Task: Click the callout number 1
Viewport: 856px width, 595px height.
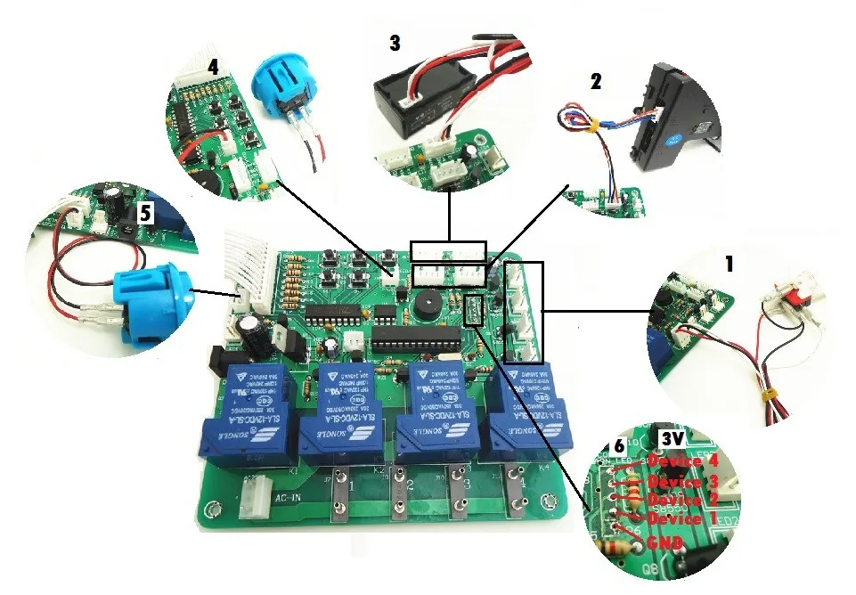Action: [729, 264]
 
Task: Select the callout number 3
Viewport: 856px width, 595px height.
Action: [395, 42]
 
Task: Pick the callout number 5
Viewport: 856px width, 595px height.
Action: [142, 212]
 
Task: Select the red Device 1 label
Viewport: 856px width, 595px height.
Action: [681, 518]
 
